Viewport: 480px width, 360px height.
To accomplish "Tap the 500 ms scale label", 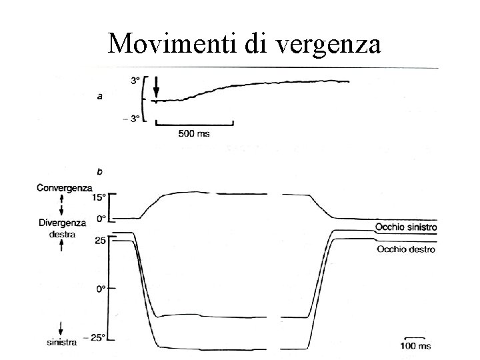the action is click(193, 133).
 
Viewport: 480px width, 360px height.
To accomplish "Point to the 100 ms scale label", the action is click(415, 345).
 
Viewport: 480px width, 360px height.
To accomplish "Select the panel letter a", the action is click(100, 97).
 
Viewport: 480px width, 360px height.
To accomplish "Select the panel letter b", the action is click(100, 172).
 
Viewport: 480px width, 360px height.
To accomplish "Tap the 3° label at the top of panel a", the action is click(135, 81).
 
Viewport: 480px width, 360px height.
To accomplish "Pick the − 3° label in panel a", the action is click(132, 119).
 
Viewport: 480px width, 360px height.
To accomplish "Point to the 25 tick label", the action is click(100, 240).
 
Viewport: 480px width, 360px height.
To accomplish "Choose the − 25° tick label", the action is click(97, 337).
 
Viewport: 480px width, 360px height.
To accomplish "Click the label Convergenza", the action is click(65, 188).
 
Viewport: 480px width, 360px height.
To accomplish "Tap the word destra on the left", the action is click(62, 235).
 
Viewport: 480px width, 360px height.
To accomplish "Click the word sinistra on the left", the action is click(61, 342).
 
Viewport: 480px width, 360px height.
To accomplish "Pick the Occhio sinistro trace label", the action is click(405, 228).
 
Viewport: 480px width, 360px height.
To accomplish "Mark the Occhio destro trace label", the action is click(405, 249).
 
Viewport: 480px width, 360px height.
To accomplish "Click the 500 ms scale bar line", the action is click(195, 124).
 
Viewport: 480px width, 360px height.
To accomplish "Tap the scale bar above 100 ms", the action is click(415, 337).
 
